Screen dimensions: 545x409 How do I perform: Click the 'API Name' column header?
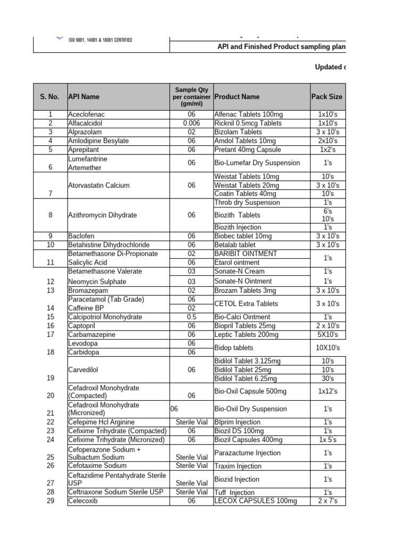click(x=84, y=97)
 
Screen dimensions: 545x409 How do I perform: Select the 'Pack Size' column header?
click(x=326, y=97)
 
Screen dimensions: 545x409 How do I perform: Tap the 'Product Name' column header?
click(x=236, y=97)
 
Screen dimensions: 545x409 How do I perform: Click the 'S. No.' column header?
click(x=51, y=97)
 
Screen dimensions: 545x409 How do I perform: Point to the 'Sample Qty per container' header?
click(x=192, y=96)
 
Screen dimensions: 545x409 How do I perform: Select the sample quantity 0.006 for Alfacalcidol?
click(x=192, y=123)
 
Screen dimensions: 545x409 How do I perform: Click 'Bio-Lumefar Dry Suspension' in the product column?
click(x=257, y=163)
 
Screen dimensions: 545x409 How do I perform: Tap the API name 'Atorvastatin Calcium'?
click(x=99, y=185)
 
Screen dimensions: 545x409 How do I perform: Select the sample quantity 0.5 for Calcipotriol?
click(x=192, y=317)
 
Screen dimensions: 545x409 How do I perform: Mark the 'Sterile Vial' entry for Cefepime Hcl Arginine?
click(x=192, y=422)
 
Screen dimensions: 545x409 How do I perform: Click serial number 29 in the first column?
click(x=51, y=501)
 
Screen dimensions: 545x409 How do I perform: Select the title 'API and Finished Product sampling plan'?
click(x=281, y=47)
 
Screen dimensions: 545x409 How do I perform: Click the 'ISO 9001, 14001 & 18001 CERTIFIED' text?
click(x=101, y=40)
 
